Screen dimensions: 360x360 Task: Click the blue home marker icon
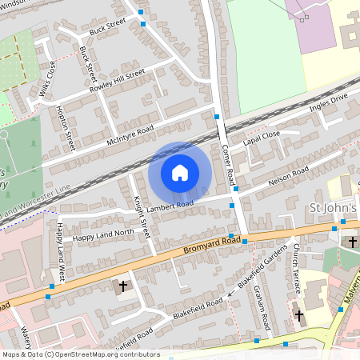[180, 173]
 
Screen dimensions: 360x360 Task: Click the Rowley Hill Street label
[118, 79]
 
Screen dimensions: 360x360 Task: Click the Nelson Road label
[288, 176]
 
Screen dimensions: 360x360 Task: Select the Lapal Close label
[263, 135]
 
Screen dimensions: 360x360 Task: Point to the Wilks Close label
[47, 78]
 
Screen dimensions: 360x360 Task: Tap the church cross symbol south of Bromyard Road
[123, 285]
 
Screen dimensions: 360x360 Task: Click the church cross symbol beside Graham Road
[299, 315]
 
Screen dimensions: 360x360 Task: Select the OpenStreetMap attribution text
[81, 354]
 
